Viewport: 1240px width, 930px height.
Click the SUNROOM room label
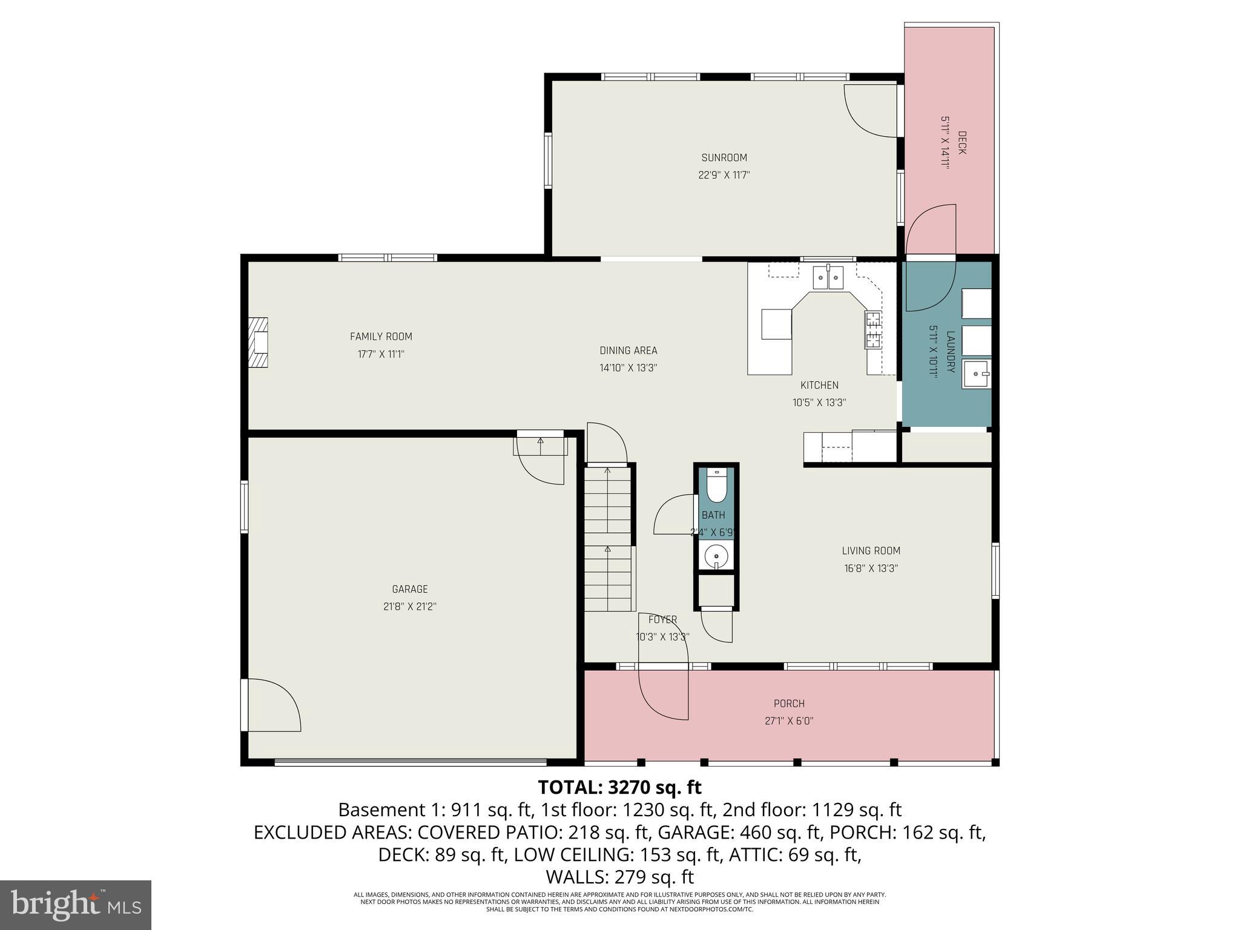[724, 158]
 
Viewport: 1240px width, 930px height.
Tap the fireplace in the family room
[258, 343]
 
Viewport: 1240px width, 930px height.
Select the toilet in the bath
[716, 487]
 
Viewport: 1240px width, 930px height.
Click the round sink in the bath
[716, 555]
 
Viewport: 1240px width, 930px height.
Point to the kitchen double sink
[828, 277]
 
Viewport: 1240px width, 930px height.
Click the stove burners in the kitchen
[873, 330]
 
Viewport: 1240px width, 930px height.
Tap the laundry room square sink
[977, 373]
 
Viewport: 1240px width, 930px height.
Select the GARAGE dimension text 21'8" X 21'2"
[410, 607]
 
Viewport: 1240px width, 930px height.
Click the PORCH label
[789, 704]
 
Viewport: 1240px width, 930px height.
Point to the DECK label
[961, 143]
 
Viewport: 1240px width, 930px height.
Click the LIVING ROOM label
[871, 551]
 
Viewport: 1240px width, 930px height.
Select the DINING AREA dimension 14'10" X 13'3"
[628, 368]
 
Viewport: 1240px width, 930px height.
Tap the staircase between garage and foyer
[608, 539]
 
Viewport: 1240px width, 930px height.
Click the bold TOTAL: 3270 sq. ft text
[619, 788]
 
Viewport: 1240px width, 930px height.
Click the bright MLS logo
[76, 905]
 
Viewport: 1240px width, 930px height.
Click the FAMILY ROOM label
[381, 337]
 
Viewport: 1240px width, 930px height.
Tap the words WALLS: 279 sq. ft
[619, 877]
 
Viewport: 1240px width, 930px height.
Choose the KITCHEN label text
[819, 385]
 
